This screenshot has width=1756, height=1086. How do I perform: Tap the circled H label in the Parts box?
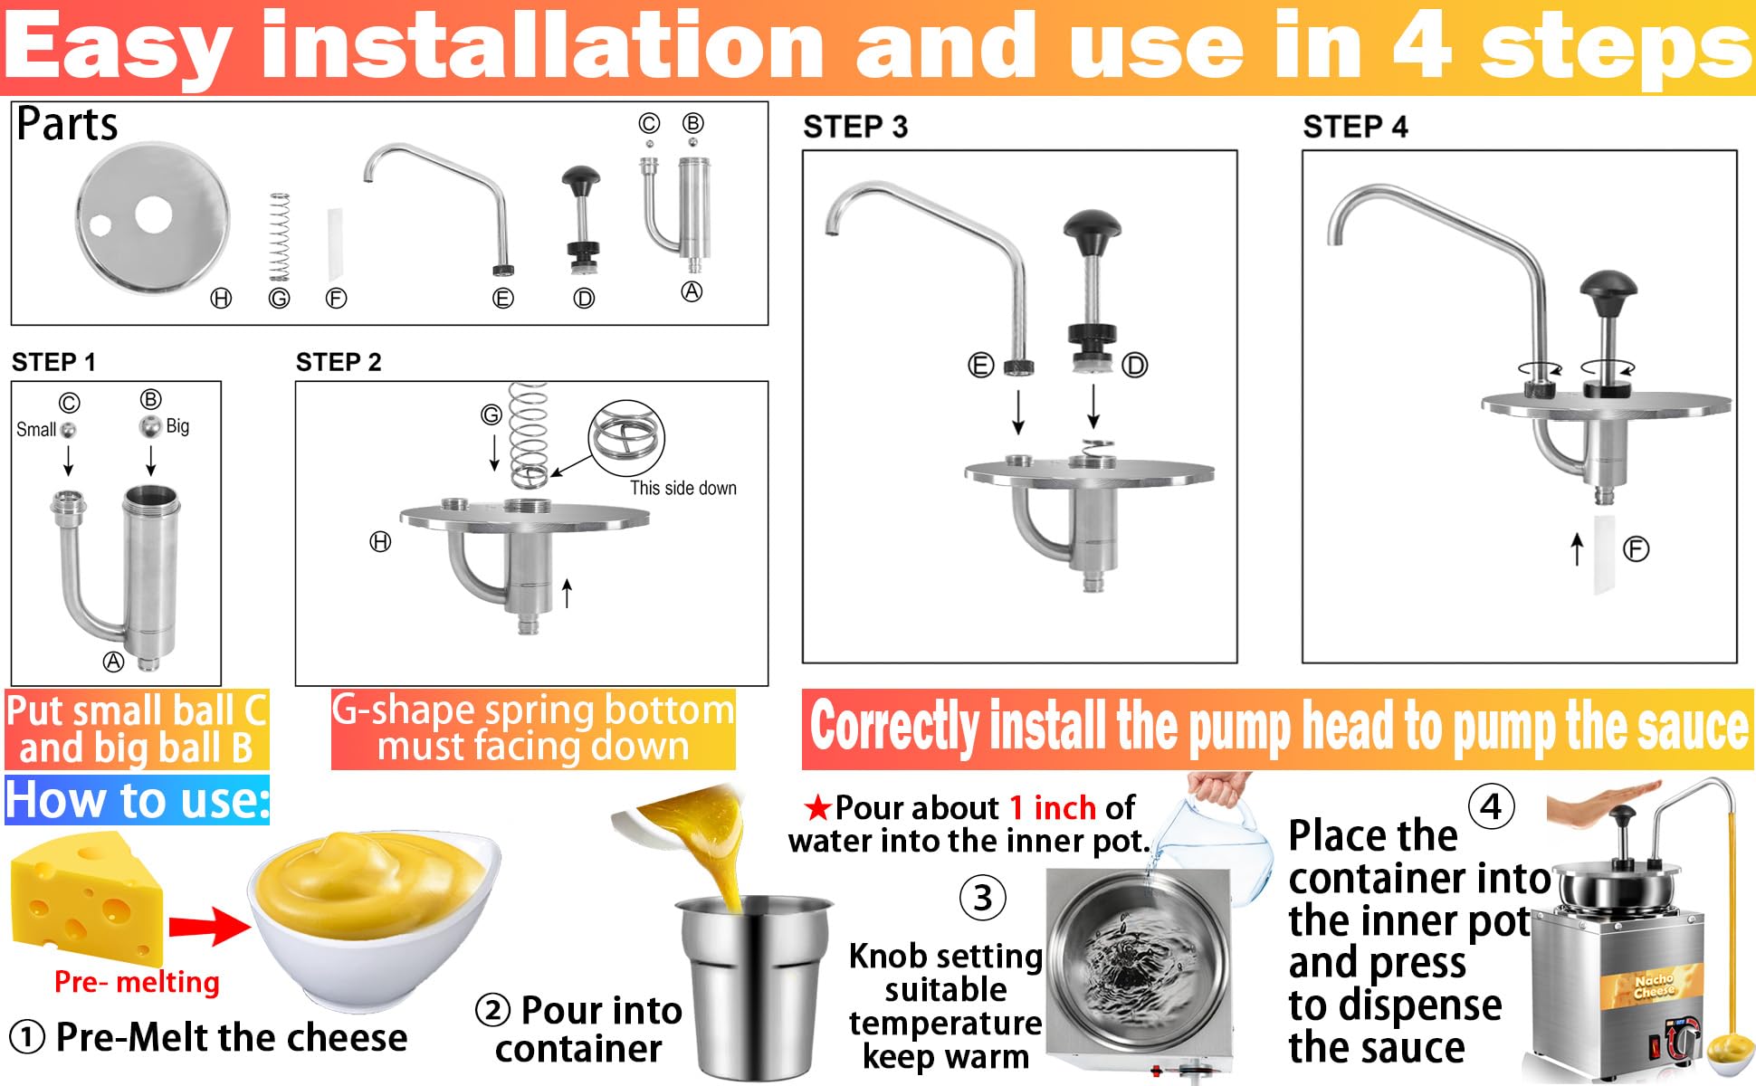point(221,298)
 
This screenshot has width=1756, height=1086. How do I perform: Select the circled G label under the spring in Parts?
point(279,298)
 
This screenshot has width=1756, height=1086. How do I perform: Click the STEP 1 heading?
point(53,362)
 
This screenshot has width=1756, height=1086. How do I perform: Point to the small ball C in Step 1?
point(68,430)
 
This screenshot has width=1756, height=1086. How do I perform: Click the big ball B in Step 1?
point(150,426)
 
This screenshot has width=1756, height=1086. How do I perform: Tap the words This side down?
point(683,488)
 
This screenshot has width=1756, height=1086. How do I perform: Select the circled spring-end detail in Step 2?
point(626,438)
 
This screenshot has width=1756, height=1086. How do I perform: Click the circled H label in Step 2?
point(380,542)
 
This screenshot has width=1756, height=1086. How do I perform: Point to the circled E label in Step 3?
point(981,366)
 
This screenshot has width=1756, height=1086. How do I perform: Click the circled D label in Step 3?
point(1134,366)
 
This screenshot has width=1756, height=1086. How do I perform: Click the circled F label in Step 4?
point(1636,548)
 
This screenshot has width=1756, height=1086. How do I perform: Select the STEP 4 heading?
point(1355,127)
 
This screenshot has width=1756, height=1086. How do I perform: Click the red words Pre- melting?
point(137,982)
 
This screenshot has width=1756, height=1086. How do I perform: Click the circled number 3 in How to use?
point(983,898)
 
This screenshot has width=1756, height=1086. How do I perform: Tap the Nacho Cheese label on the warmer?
point(1653,986)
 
